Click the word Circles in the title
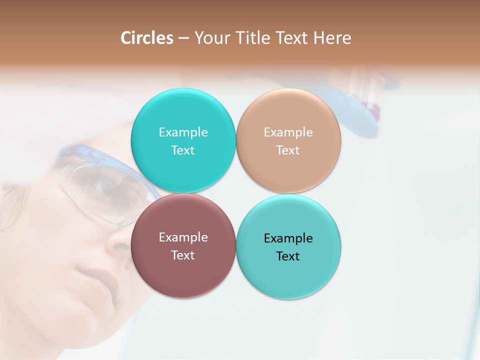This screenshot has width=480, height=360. coord(146,38)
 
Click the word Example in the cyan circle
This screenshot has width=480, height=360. coord(183,132)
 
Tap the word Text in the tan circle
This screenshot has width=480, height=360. coord(288,150)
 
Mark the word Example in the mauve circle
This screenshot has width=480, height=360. coord(183,237)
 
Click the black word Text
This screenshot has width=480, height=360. coord(288,256)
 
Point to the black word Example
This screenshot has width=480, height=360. coord(288,238)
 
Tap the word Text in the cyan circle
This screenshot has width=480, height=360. coord(183,150)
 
